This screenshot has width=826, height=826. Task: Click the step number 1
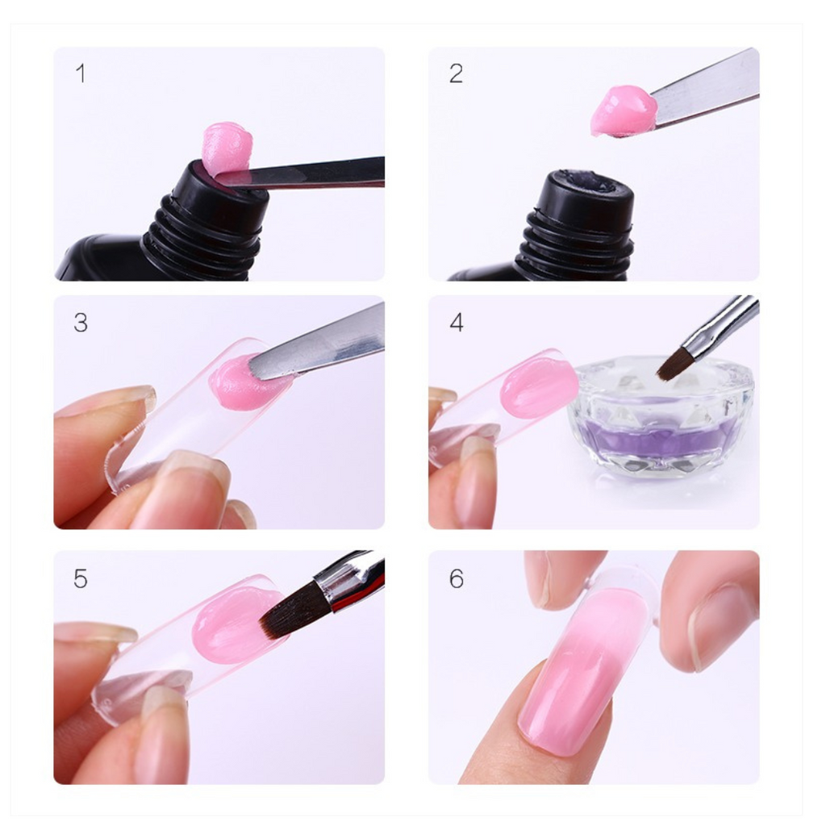[80, 73]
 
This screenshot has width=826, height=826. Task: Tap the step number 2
[456, 73]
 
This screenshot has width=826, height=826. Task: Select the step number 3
[81, 323]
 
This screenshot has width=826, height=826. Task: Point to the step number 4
[457, 323]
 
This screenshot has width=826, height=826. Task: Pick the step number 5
[81, 578]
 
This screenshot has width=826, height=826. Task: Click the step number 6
[457, 578]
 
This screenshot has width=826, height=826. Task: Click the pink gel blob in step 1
[227, 148]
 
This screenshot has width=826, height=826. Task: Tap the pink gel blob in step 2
[623, 111]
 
